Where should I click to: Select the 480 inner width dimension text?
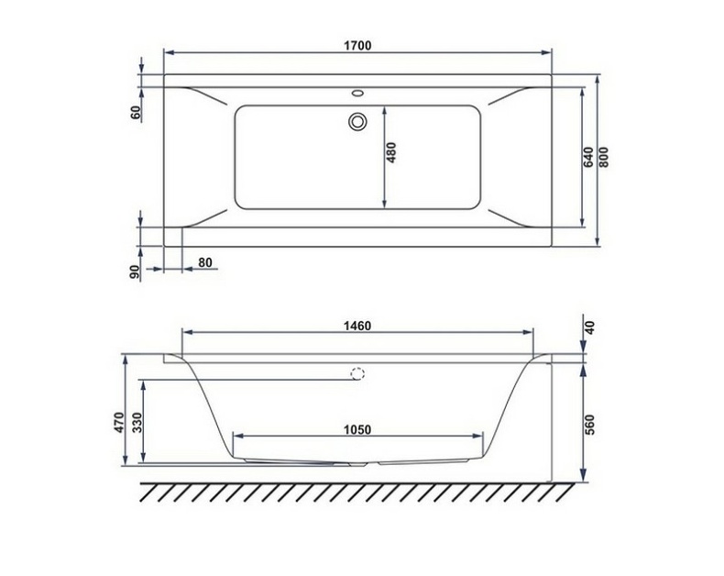click(x=391, y=152)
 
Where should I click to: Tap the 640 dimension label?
click(x=589, y=156)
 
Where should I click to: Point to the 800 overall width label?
click(x=605, y=156)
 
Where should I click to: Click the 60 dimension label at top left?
click(x=136, y=112)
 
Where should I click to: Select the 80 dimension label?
click(x=204, y=263)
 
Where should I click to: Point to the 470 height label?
click(x=118, y=422)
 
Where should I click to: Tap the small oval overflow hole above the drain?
click(x=357, y=93)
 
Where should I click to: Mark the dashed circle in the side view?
click(x=357, y=373)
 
